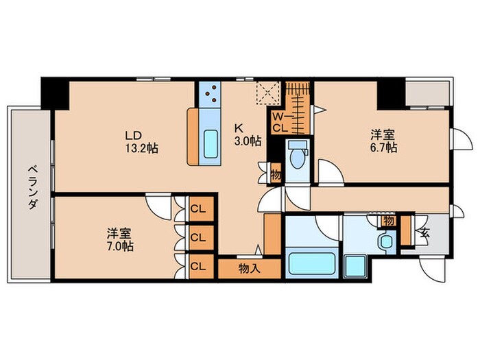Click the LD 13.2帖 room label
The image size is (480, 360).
(141, 140)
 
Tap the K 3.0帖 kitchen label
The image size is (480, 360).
(247, 134)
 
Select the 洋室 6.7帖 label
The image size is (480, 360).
(383, 141)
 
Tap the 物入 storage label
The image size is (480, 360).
(250, 268)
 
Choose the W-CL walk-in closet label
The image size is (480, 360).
(280, 122)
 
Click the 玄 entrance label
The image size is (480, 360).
(424, 231)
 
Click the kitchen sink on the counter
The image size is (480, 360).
(211, 145)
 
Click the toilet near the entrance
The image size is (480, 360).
(386, 241)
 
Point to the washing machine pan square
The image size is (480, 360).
(355, 265)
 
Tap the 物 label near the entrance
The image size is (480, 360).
(389, 221)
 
